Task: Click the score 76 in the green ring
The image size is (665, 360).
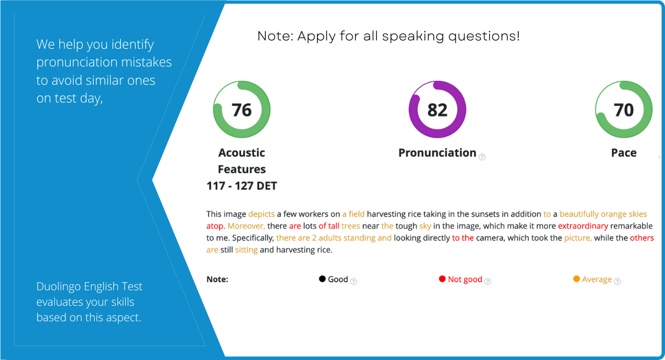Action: click(x=242, y=110)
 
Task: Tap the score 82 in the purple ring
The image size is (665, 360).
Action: click(x=437, y=110)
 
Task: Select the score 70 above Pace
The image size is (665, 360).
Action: click(x=624, y=110)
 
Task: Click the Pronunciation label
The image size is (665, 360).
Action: click(x=437, y=152)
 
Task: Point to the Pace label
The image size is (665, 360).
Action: click(x=624, y=152)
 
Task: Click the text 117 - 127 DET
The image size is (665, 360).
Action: click(x=242, y=186)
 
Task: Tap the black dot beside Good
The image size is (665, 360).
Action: click(x=322, y=279)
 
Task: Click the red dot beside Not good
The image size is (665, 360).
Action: click(x=442, y=279)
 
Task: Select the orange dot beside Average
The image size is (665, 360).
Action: click(x=576, y=279)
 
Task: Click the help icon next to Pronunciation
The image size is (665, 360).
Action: click(x=482, y=157)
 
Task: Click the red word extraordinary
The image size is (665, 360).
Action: click(x=583, y=226)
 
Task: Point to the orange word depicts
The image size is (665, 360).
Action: click(x=261, y=214)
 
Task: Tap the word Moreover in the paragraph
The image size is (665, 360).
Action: click(x=246, y=226)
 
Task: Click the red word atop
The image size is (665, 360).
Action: click(x=215, y=226)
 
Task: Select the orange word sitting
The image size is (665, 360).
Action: click(x=246, y=250)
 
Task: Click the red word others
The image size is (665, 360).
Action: click(x=642, y=238)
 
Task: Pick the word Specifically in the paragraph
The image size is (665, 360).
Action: click(x=253, y=238)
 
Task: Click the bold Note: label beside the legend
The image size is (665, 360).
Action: click(x=217, y=279)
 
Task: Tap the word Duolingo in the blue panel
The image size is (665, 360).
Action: click(x=59, y=287)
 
